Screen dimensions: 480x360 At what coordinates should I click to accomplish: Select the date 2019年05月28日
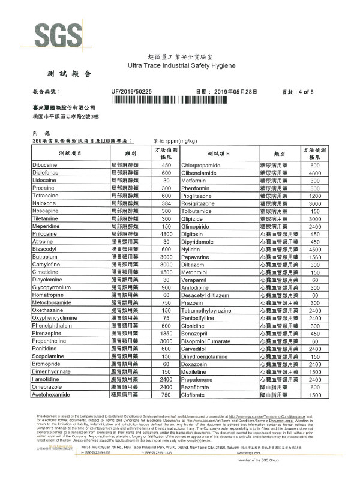click(x=235, y=91)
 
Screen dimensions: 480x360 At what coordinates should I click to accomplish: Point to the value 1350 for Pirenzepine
click(x=166, y=334)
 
